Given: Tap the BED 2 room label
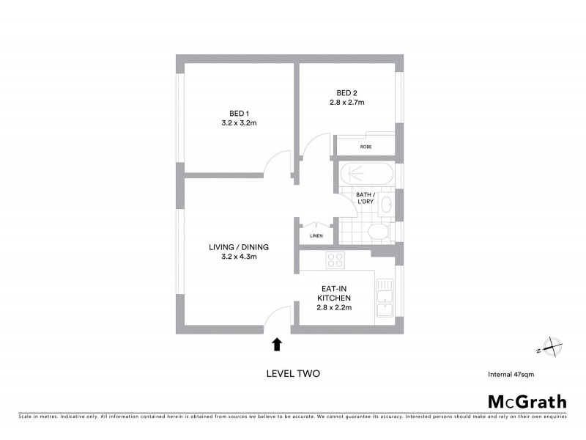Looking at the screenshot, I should (346, 92).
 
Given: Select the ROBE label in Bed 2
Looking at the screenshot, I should (366, 147).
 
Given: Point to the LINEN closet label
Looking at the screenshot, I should (316, 236).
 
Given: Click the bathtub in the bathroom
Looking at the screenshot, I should (366, 175).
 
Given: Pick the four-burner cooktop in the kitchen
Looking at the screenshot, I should (335, 260).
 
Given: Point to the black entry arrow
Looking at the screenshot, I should (277, 343).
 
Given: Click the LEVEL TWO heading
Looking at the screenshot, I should (292, 373).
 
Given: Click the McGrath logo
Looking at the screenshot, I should (527, 401).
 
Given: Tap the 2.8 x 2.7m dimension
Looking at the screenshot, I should (346, 103).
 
